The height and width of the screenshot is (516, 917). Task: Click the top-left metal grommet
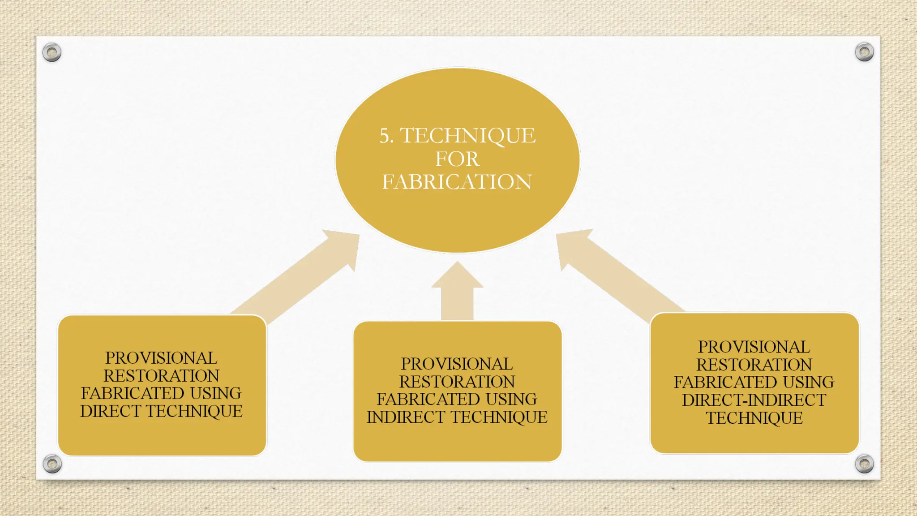pyautogui.click(x=52, y=52)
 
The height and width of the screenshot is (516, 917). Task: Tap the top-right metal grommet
pyautogui.click(x=864, y=52)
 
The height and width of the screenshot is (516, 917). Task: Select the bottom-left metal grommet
pyautogui.click(x=52, y=464)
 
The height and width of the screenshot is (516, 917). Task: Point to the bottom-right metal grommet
pyautogui.click(x=864, y=464)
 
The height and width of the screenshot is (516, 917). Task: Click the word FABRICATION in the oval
pyautogui.click(x=457, y=182)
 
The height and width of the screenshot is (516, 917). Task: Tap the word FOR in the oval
pyautogui.click(x=457, y=159)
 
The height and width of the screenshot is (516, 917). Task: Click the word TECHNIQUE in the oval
pyautogui.click(x=467, y=136)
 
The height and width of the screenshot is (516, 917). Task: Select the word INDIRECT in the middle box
pyautogui.click(x=406, y=417)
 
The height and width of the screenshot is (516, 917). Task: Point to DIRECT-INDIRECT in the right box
pyautogui.click(x=754, y=400)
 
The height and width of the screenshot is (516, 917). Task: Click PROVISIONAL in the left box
pyautogui.click(x=161, y=358)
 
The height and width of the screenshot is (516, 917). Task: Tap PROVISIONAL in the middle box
pyautogui.click(x=457, y=364)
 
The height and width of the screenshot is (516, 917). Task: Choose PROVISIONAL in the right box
pyautogui.click(x=754, y=347)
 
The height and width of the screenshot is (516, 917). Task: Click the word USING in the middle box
pyautogui.click(x=512, y=399)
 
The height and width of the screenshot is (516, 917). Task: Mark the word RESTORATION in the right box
pyautogui.click(x=754, y=365)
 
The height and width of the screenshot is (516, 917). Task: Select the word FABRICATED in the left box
pyautogui.click(x=133, y=393)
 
